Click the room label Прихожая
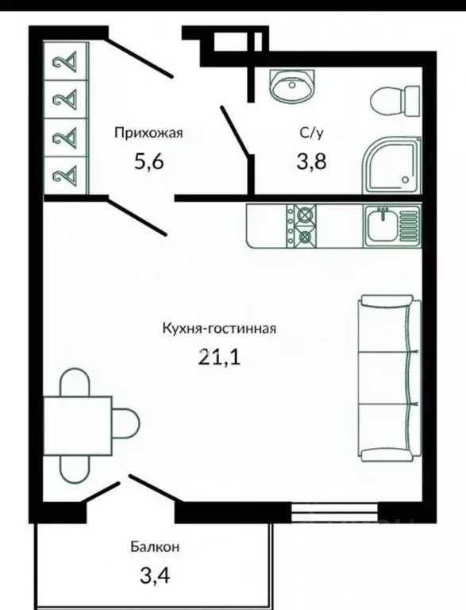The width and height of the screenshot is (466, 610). pyautogui.click(x=148, y=133)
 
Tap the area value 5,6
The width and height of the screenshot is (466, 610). pyautogui.click(x=149, y=162)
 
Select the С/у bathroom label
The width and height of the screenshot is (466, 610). pyautogui.click(x=310, y=133)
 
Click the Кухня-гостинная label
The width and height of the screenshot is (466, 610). pyautogui.click(x=218, y=328)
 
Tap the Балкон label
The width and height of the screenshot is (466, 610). pyautogui.click(x=155, y=546)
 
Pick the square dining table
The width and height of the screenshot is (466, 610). pyautogui.click(x=77, y=425)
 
